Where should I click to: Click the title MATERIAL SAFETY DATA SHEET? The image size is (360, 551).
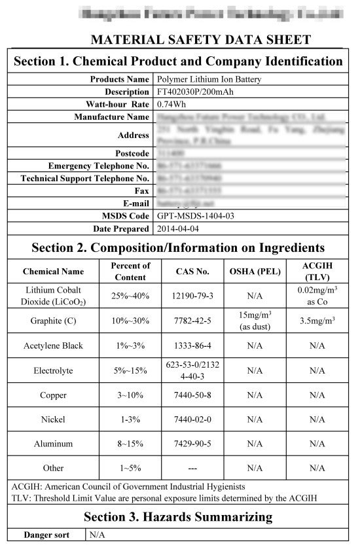(x=200, y=39)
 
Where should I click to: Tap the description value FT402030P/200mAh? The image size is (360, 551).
(x=194, y=92)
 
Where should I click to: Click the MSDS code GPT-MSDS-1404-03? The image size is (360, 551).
(x=196, y=216)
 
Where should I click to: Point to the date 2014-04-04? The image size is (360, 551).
(x=178, y=228)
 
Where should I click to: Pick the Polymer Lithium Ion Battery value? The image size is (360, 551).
(x=200, y=79)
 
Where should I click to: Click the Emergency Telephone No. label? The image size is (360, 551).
(x=98, y=166)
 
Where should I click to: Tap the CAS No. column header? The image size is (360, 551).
(x=193, y=271)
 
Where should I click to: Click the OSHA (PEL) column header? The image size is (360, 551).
(x=255, y=271)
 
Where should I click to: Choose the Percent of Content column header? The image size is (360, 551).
(x=130, y=271)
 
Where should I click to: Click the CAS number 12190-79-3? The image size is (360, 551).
(x=193, y=296)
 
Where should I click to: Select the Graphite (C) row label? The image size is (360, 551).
(x=53, y=321)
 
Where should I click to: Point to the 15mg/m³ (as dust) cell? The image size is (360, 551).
(x=255, y=321)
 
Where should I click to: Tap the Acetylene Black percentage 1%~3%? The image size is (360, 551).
(x=130, y=346)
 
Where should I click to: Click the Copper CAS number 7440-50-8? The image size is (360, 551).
(x=193, y=395)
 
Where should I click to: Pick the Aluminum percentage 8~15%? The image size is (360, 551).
(x=130, y=444)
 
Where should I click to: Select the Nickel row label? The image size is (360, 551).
(x=53, y=419)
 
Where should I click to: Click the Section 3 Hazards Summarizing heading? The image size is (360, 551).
(x=178, y=517)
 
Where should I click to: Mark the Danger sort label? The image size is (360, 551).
(x=46, y=535)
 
